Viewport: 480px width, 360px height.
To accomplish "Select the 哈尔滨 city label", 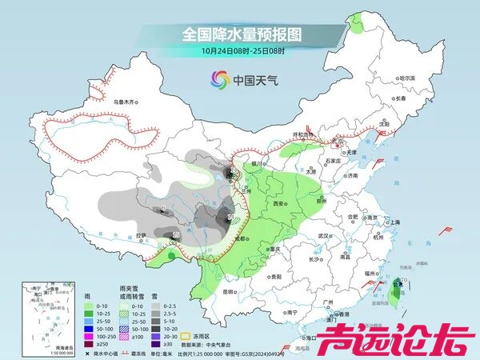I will pyautogui.click(x=407, y=78).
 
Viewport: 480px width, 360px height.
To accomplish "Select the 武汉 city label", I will pyautogui.click(x=323, y=236).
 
